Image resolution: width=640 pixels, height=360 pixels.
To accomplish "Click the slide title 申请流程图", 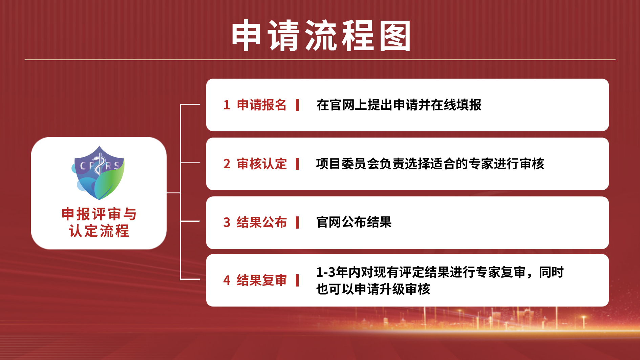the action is [321, 36].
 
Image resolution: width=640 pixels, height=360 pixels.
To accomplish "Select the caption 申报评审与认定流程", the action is [99, 223].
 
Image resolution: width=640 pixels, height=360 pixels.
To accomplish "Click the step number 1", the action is [227, 105].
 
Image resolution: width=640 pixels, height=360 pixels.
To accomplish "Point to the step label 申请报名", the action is [261, 105].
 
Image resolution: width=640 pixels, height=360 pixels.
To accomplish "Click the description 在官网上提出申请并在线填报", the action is [399, 105].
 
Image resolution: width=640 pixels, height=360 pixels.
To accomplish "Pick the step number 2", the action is [227, 164].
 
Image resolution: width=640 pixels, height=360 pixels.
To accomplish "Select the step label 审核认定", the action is [261, 164].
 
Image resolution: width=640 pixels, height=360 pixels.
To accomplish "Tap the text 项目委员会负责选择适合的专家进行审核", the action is [430, 164].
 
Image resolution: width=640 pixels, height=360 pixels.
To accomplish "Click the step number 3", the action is [227, 223].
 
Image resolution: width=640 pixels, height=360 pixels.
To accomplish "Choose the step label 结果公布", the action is [261, 223].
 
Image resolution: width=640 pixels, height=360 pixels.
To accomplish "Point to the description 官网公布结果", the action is [354, 223].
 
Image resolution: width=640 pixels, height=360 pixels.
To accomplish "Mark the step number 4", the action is [227, 280].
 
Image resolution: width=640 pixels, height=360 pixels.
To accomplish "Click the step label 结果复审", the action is [261, 280].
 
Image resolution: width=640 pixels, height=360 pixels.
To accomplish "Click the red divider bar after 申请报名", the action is [297, 105].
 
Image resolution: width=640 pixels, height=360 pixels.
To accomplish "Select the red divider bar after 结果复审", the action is [297, 280].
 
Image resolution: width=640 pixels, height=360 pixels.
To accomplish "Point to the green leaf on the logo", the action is [109, 179].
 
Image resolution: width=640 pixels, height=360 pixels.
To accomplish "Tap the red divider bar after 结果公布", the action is [297, 223].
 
